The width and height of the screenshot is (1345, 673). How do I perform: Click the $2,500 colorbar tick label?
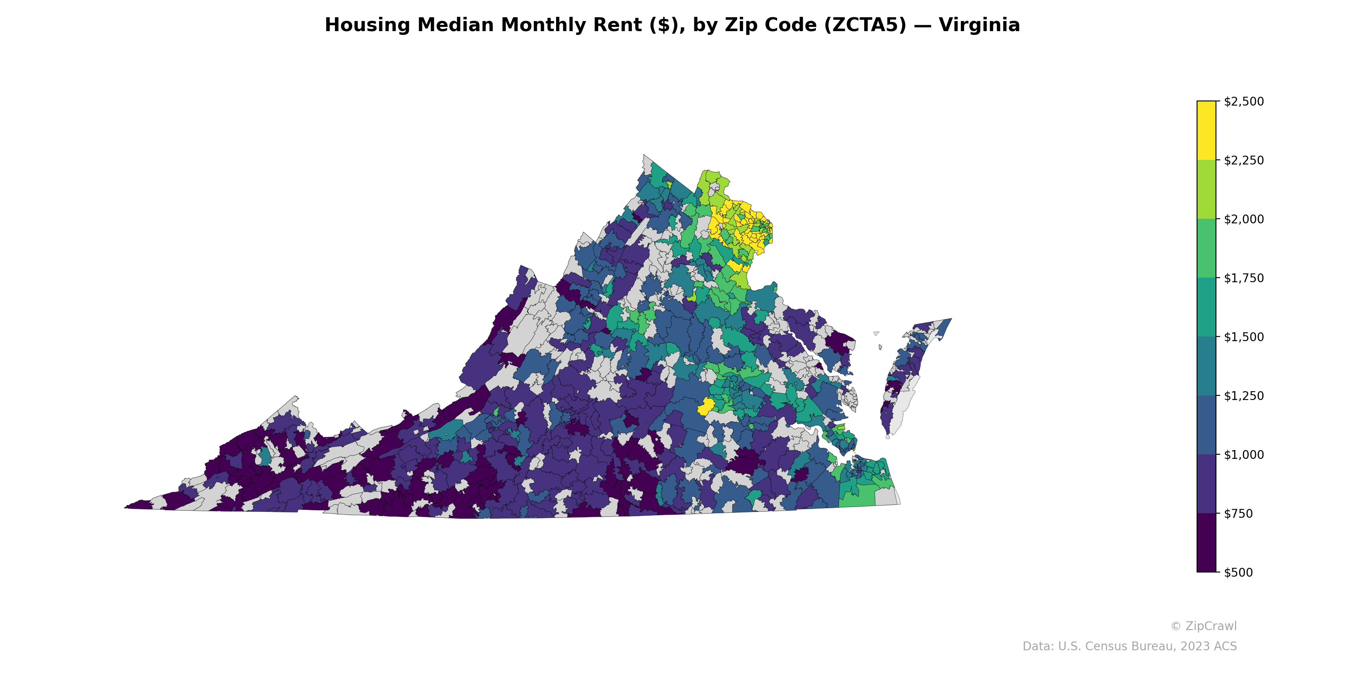1244,101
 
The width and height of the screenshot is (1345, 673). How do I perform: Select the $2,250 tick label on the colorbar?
1244,160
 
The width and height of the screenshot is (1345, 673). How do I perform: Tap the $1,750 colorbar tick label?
1244,278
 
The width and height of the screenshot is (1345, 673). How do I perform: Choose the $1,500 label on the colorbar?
1244,337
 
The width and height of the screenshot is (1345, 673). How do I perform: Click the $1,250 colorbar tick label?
1244,396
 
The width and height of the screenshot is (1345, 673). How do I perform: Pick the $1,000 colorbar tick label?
1244,455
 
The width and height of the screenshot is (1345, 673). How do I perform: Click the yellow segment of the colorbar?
1206,131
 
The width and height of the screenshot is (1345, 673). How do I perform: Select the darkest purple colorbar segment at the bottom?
1206,543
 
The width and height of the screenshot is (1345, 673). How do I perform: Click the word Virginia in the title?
979,25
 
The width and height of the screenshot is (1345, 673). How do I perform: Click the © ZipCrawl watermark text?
1203,626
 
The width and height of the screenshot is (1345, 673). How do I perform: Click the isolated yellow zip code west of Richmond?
706,406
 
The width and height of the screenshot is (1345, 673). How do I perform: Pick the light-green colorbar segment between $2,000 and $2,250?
1206,190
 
